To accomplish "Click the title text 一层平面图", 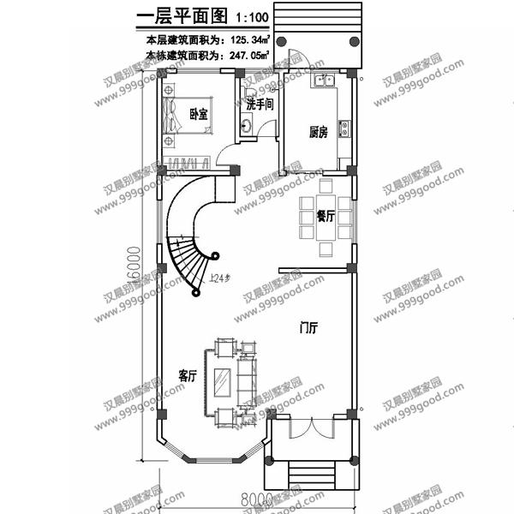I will click(x=179, y=17).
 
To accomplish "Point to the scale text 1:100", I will click(x=248, y=18).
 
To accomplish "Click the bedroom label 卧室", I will click(x=198, y=114).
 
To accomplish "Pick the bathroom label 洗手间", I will click(x=259, y=105).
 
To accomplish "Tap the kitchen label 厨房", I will click(x=319, y=132).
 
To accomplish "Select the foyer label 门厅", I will click(x=309, y=328).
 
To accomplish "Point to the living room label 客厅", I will click(x=188, y=375).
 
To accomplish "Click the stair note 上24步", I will click(x=220, y=278).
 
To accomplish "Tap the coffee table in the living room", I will click(x=223, y=381).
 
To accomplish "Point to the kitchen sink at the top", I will click(x=325, y=81).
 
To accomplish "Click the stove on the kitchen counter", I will click(x=345, y=128).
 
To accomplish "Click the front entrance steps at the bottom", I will click(x=310, y=474).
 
